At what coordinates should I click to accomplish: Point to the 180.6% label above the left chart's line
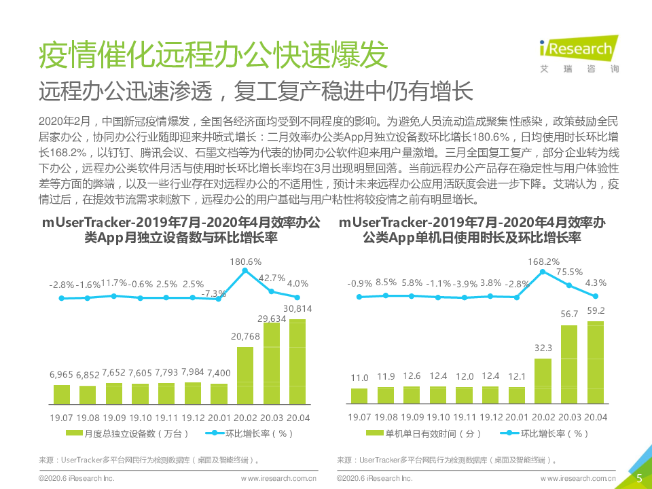(x=246, y=261)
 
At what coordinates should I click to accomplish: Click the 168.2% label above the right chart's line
(x=543, y=261)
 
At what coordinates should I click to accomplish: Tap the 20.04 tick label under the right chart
(x=596, y=417)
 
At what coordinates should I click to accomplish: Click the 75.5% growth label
(x=570, y=272)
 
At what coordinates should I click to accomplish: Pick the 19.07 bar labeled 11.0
(x=359, y=397)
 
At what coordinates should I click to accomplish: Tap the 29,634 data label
(x=272, y=318)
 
